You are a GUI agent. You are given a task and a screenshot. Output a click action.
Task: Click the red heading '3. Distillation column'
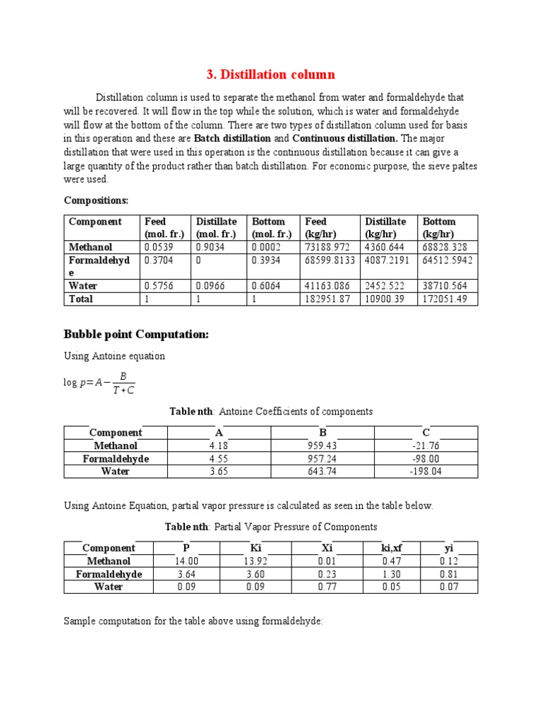(x=270, y=75)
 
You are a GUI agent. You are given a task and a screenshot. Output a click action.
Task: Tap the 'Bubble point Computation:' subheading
(x=136, y=334)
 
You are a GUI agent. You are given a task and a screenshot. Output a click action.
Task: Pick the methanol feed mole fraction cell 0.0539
(x=158, y=248)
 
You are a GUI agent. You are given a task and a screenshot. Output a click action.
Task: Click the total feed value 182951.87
(x=326, y=299)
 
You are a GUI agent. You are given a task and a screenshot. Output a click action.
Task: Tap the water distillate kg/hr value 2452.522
(x=385, y=287)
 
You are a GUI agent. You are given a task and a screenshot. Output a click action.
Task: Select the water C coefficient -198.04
(x=426, y=472)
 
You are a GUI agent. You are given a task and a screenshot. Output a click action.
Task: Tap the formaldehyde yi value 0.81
(x=449, y=574)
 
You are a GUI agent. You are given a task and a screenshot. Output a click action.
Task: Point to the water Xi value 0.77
(x=327, y=587)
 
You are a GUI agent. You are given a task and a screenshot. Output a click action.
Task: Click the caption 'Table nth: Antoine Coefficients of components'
(x=271, y=412)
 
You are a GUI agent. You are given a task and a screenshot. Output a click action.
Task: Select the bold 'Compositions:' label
(x=96, y=201)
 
